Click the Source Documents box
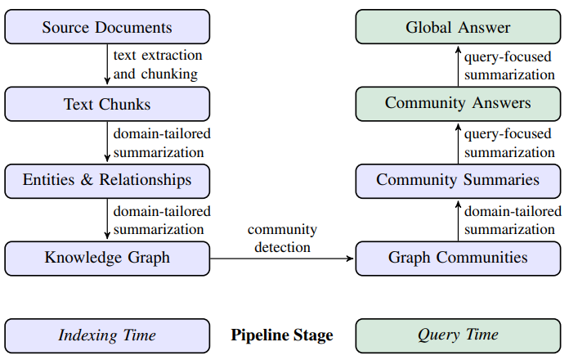coord(107,27)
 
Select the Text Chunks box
coord(107,104)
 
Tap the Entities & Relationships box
coord(107,182)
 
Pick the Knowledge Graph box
coord(107,259)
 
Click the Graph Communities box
coord(458,259)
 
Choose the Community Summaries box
coord(458,182)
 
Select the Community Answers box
coord(458,104)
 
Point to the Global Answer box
coord(458,27)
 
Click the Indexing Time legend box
coord(107,335)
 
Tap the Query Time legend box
coord(458,335)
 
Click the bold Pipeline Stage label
coord(282,335)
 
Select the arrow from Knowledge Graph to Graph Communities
coord(281,259)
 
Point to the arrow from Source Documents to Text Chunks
coord(107,65)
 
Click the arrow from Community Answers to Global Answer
coord(458,66)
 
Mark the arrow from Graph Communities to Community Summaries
coord(458,221)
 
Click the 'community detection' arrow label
coord(282,238)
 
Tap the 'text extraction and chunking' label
coord(158,65)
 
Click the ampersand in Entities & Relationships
coord(87,179)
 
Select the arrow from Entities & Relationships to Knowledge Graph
coord(107,218)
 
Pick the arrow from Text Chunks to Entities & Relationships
coord(107,142)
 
